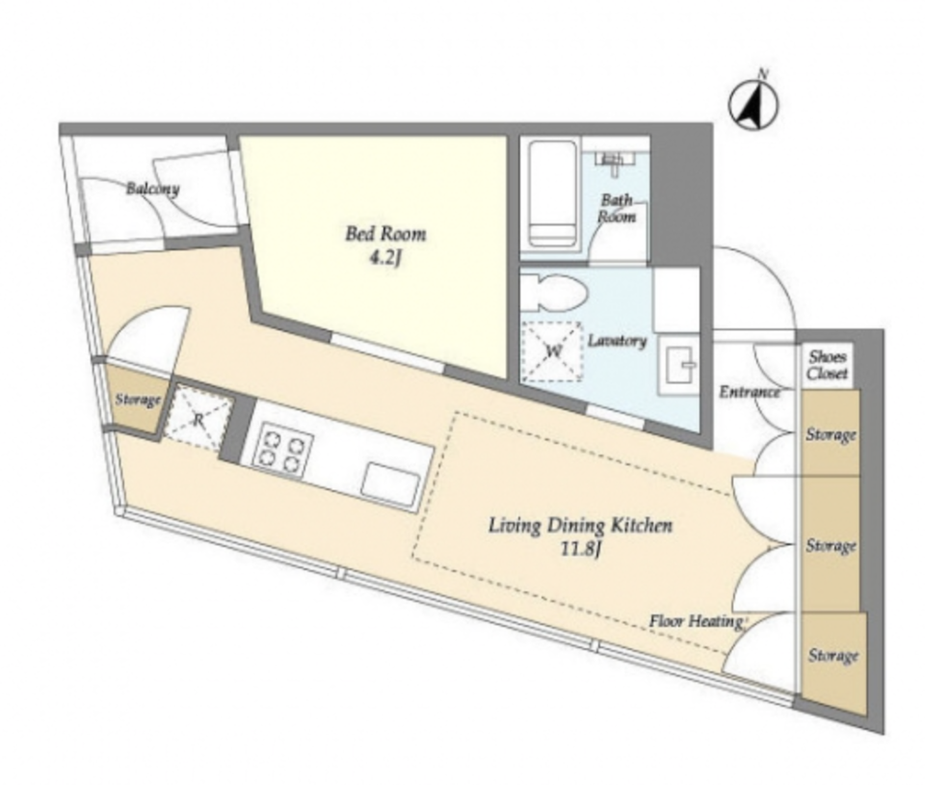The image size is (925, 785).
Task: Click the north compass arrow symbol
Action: tap(753, 105)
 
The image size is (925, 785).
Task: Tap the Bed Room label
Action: tap(385, 234)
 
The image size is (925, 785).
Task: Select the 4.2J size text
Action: tap(385, 258)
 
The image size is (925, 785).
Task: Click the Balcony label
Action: tap(153, 189)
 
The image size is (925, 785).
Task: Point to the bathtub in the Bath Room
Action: tap(551, 194)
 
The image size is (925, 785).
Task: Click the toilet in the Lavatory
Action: tap(554, 293)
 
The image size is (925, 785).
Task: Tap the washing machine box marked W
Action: tap(552, 351)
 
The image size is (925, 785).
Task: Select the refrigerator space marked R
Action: tap(198, 419)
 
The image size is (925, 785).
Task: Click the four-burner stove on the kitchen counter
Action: tap(282, 448)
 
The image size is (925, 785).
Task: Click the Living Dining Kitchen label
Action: tap(580, 526)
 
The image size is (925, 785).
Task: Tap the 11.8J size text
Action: tap(581, 550)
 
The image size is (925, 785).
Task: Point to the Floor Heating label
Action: tap(696, 621)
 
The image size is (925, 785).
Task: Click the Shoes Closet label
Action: tap(828, 365)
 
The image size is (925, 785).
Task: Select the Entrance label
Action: tap(750, 392)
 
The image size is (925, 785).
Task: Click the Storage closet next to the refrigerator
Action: tap(138, 401)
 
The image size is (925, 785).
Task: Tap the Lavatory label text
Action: tap(617, 341)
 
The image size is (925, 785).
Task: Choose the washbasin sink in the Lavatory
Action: tap(679, 366)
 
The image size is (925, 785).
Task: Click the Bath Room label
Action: tap(617, 208)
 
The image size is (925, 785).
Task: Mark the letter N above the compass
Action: tap(763, 74)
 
